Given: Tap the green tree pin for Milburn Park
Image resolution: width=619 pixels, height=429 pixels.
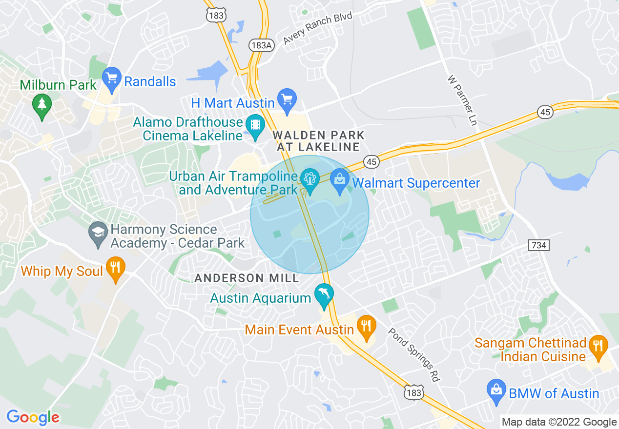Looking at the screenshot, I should click(42, 104).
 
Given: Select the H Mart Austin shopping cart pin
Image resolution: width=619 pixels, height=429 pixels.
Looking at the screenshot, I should click(287, 99).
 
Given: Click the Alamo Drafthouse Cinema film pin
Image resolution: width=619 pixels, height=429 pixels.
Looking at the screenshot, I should click(255, 125).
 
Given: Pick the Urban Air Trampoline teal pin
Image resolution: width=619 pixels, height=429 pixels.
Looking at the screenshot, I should click(309, 179).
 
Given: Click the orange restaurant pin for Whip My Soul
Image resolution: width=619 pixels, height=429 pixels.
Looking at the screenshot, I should click(115, 268).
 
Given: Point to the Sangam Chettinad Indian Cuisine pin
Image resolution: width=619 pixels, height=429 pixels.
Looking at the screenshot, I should click(598, 346).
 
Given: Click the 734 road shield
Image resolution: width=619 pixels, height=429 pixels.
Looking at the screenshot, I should click(539, 245).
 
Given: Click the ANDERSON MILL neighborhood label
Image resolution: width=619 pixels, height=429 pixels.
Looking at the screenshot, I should click(247, 278).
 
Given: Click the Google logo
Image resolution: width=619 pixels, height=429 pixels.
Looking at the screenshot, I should click(33, 417).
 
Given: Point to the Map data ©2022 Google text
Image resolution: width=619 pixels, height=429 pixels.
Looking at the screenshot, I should click(559, 422).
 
